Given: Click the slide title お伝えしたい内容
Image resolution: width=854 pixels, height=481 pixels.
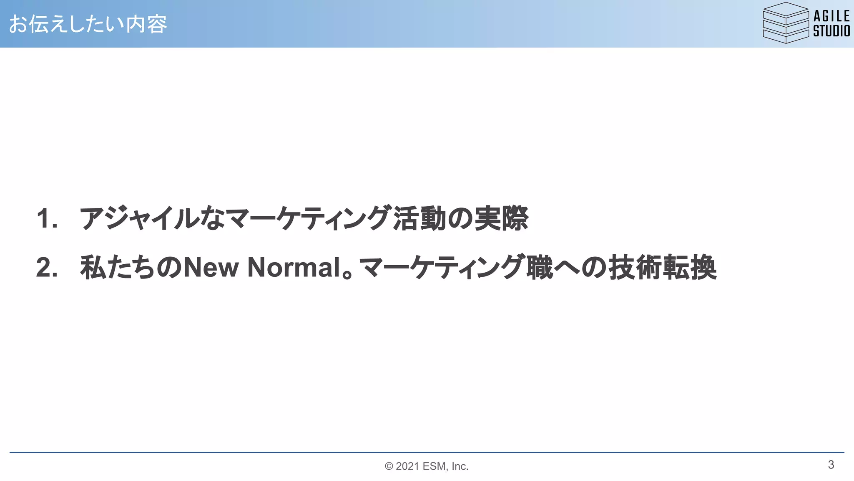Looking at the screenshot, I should point(88,24).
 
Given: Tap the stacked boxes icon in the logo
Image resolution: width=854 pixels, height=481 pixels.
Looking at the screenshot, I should point(785,23).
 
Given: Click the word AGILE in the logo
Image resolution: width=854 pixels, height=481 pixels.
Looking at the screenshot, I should point(831,16).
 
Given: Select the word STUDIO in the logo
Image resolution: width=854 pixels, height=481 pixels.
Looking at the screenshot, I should point(831,31).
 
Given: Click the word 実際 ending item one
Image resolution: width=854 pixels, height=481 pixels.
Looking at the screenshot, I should point(501,218).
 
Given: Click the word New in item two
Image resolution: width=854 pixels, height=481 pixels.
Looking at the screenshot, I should point(211,267).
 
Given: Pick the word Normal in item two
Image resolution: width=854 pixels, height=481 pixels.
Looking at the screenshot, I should point(294,267).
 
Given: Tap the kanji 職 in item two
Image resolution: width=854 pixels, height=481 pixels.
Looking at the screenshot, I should point(540,267).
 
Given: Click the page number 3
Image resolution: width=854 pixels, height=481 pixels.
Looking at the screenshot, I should point(831,465).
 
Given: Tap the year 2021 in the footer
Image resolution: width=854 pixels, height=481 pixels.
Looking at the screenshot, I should point(407,466).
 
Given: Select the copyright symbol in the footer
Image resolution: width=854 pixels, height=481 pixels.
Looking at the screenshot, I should point(389,466).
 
